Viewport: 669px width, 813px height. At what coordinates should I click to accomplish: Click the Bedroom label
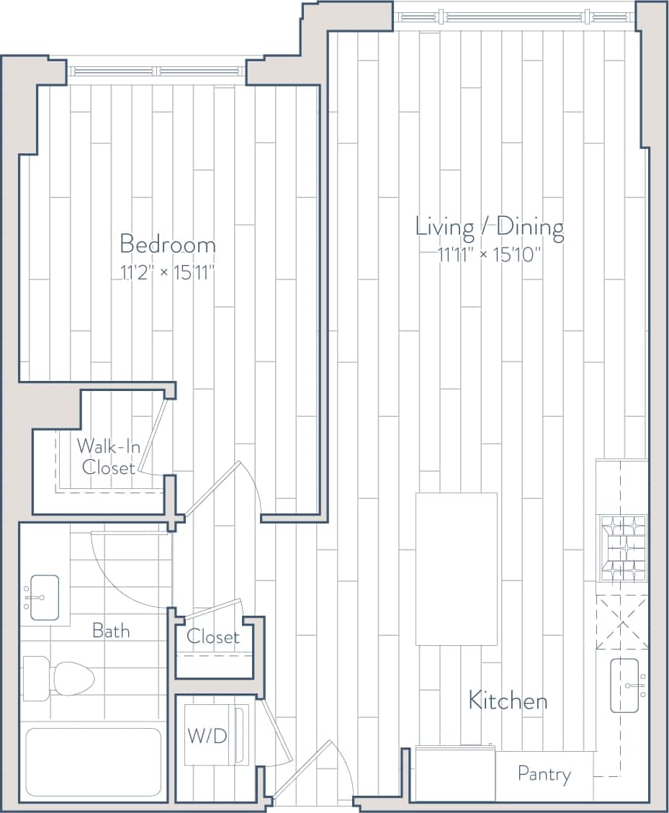click(167, 244)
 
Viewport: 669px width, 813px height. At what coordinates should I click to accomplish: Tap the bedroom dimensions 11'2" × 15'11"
click(167, 272)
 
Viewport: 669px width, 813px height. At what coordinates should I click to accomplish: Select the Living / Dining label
click(489, 227)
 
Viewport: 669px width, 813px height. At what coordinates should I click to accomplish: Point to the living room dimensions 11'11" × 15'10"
click(489, 254)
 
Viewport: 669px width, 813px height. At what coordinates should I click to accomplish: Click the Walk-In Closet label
click(108, 457)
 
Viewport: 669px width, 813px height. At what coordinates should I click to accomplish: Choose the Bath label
click(111, 632)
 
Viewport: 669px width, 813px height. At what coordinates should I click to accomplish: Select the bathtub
click(94, 762)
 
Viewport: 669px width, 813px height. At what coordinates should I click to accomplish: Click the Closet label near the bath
click(213, 637)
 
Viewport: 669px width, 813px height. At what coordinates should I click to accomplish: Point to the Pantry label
click(544, 775)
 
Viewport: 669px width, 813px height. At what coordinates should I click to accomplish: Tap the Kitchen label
click(508, 700)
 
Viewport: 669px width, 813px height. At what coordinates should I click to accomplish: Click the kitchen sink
click(625, 686)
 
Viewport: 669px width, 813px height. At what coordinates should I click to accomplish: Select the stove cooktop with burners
click(622, 548)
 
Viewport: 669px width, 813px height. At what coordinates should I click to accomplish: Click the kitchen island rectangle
click(456, 568)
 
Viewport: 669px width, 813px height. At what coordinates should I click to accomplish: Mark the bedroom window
click(157, 71)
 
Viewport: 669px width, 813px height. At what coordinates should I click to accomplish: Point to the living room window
click(514, 15)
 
